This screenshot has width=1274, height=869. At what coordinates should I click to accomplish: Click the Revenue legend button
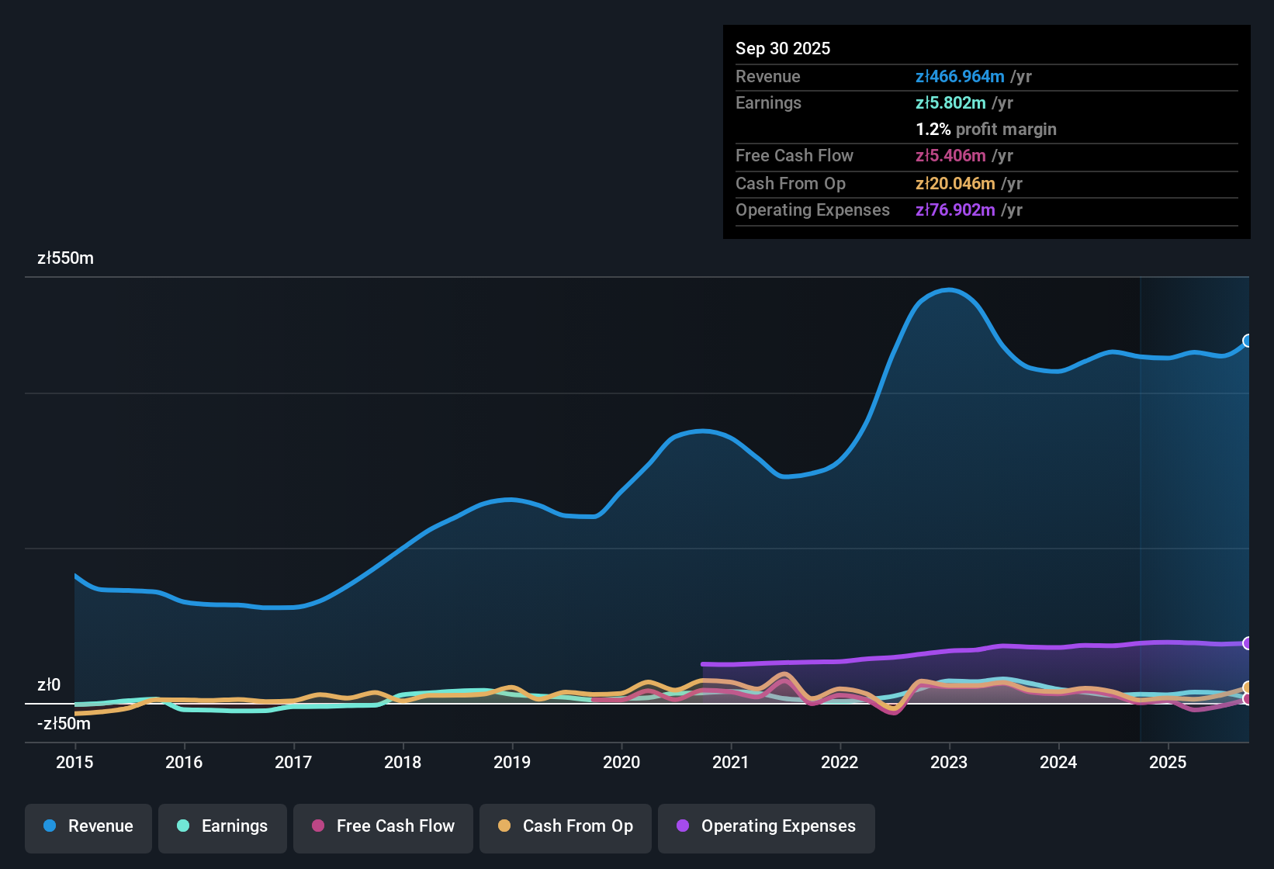[88, 826]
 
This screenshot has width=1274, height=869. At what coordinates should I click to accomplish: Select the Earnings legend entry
[223, 826]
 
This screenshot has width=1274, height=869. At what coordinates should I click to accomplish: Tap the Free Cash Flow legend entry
[383, 826]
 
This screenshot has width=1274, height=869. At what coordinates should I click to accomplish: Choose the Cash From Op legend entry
[566, 826]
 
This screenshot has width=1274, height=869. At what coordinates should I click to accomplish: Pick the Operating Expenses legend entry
[767, 826]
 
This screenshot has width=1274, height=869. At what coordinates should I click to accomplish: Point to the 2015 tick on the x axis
[74, 762]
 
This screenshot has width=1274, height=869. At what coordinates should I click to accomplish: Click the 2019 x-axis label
[512, 762]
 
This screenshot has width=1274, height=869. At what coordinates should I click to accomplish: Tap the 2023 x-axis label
[949, 762]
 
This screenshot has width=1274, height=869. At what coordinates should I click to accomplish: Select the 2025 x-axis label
[1168, 762]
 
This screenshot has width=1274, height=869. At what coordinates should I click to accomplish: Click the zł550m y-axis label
[65, 258]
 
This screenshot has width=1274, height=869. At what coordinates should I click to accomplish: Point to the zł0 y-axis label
[49, 684]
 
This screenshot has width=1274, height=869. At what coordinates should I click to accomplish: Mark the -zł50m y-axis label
[64, 723]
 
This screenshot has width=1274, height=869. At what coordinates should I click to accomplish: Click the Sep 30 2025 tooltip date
[783, 48]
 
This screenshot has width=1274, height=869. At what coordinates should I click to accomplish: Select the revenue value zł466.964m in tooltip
[960, 76]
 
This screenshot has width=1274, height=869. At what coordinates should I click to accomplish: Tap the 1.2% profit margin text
[986, 129]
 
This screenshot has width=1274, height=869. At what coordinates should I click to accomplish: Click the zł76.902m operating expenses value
[955, 210]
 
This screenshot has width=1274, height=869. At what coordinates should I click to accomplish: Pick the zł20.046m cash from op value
[955, 183]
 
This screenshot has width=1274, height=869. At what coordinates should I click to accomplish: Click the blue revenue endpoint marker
[1248, 341]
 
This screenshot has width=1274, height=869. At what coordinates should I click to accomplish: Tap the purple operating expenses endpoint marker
[1248, 643]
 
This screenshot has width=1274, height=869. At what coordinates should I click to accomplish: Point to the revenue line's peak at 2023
[950, 290]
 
